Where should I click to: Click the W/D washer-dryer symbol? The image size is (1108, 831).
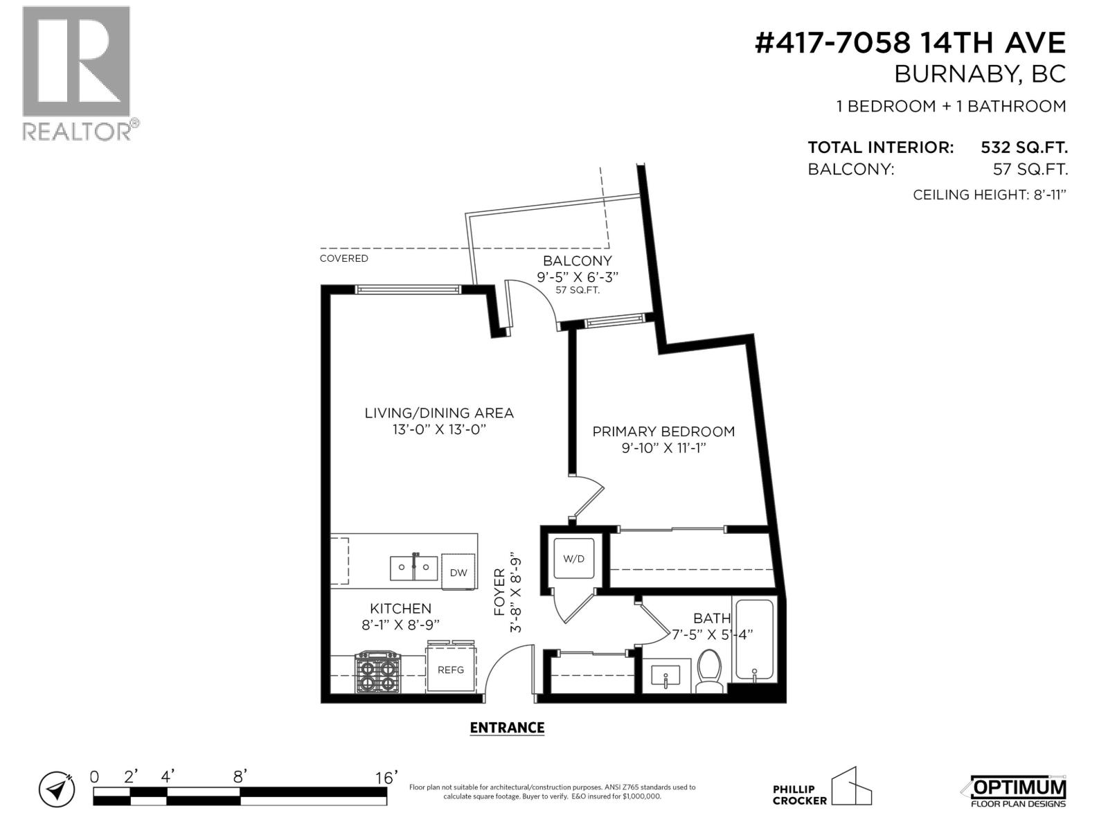tap(573, 558)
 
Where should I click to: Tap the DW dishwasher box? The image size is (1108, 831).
tap(458, 572)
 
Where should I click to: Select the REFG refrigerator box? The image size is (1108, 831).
tap(450, 670)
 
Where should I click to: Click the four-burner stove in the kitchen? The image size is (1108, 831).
tap(378, 672)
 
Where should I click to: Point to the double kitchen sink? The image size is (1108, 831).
tap(413, 569)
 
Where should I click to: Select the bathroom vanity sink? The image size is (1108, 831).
tap(665, 675)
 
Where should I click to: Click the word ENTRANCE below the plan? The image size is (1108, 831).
tap(507, 728)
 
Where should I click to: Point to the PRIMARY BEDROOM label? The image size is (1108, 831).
tap(663, 431)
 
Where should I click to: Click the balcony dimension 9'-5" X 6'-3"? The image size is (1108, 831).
tap(577, 276)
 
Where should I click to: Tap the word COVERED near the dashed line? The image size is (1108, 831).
tap(343, 258)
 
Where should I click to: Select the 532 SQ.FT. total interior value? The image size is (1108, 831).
tap(1024, 148)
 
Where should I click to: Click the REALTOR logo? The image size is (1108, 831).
tap(77, 73)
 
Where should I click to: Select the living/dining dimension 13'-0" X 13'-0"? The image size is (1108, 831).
tap(439, 429)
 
